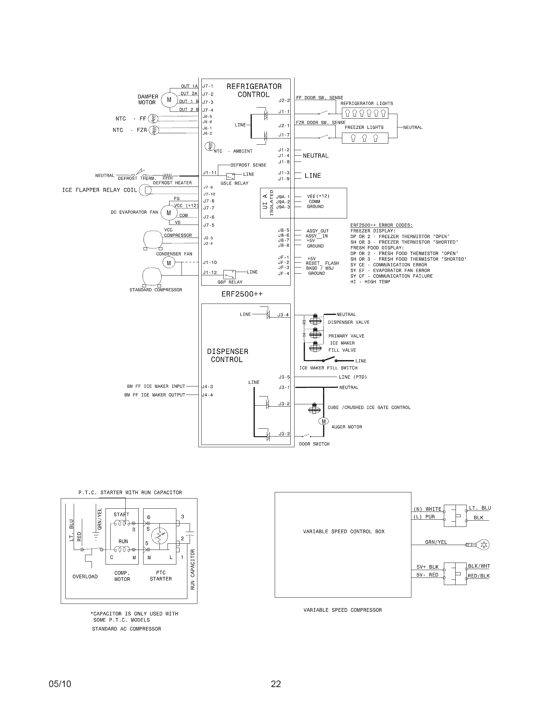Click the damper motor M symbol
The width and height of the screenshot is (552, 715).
click(169, 99)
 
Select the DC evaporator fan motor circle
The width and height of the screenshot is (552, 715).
click(169, 213)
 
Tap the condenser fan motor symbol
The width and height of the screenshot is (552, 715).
click(169, 263)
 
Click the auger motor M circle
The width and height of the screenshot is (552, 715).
click(323, 421)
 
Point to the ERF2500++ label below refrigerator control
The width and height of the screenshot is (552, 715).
click(242, 294)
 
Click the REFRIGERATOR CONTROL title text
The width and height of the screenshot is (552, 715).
click(254, 90)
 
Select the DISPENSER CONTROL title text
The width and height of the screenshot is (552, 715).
click(227, 356)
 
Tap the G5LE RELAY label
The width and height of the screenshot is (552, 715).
click(234, 183)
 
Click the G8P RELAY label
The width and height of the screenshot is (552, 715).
click(230, 282)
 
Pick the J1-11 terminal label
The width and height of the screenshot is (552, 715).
click(210, 173)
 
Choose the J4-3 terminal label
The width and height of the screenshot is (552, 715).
click(207, 387)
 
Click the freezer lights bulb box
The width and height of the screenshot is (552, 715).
click(365, 138)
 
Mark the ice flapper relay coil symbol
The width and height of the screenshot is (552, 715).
click(145, 190)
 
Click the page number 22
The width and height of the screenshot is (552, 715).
click(276, 683)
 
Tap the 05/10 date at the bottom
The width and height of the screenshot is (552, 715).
click(60, 683)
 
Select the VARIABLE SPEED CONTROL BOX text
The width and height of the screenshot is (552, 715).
click(344, 531)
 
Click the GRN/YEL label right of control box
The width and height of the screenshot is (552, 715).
click(436, 542)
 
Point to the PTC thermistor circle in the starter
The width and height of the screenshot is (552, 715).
click(159, 536)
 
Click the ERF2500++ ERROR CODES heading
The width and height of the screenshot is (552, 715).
click(381, 225)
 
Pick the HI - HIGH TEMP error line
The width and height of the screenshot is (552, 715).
click(370, 282)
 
